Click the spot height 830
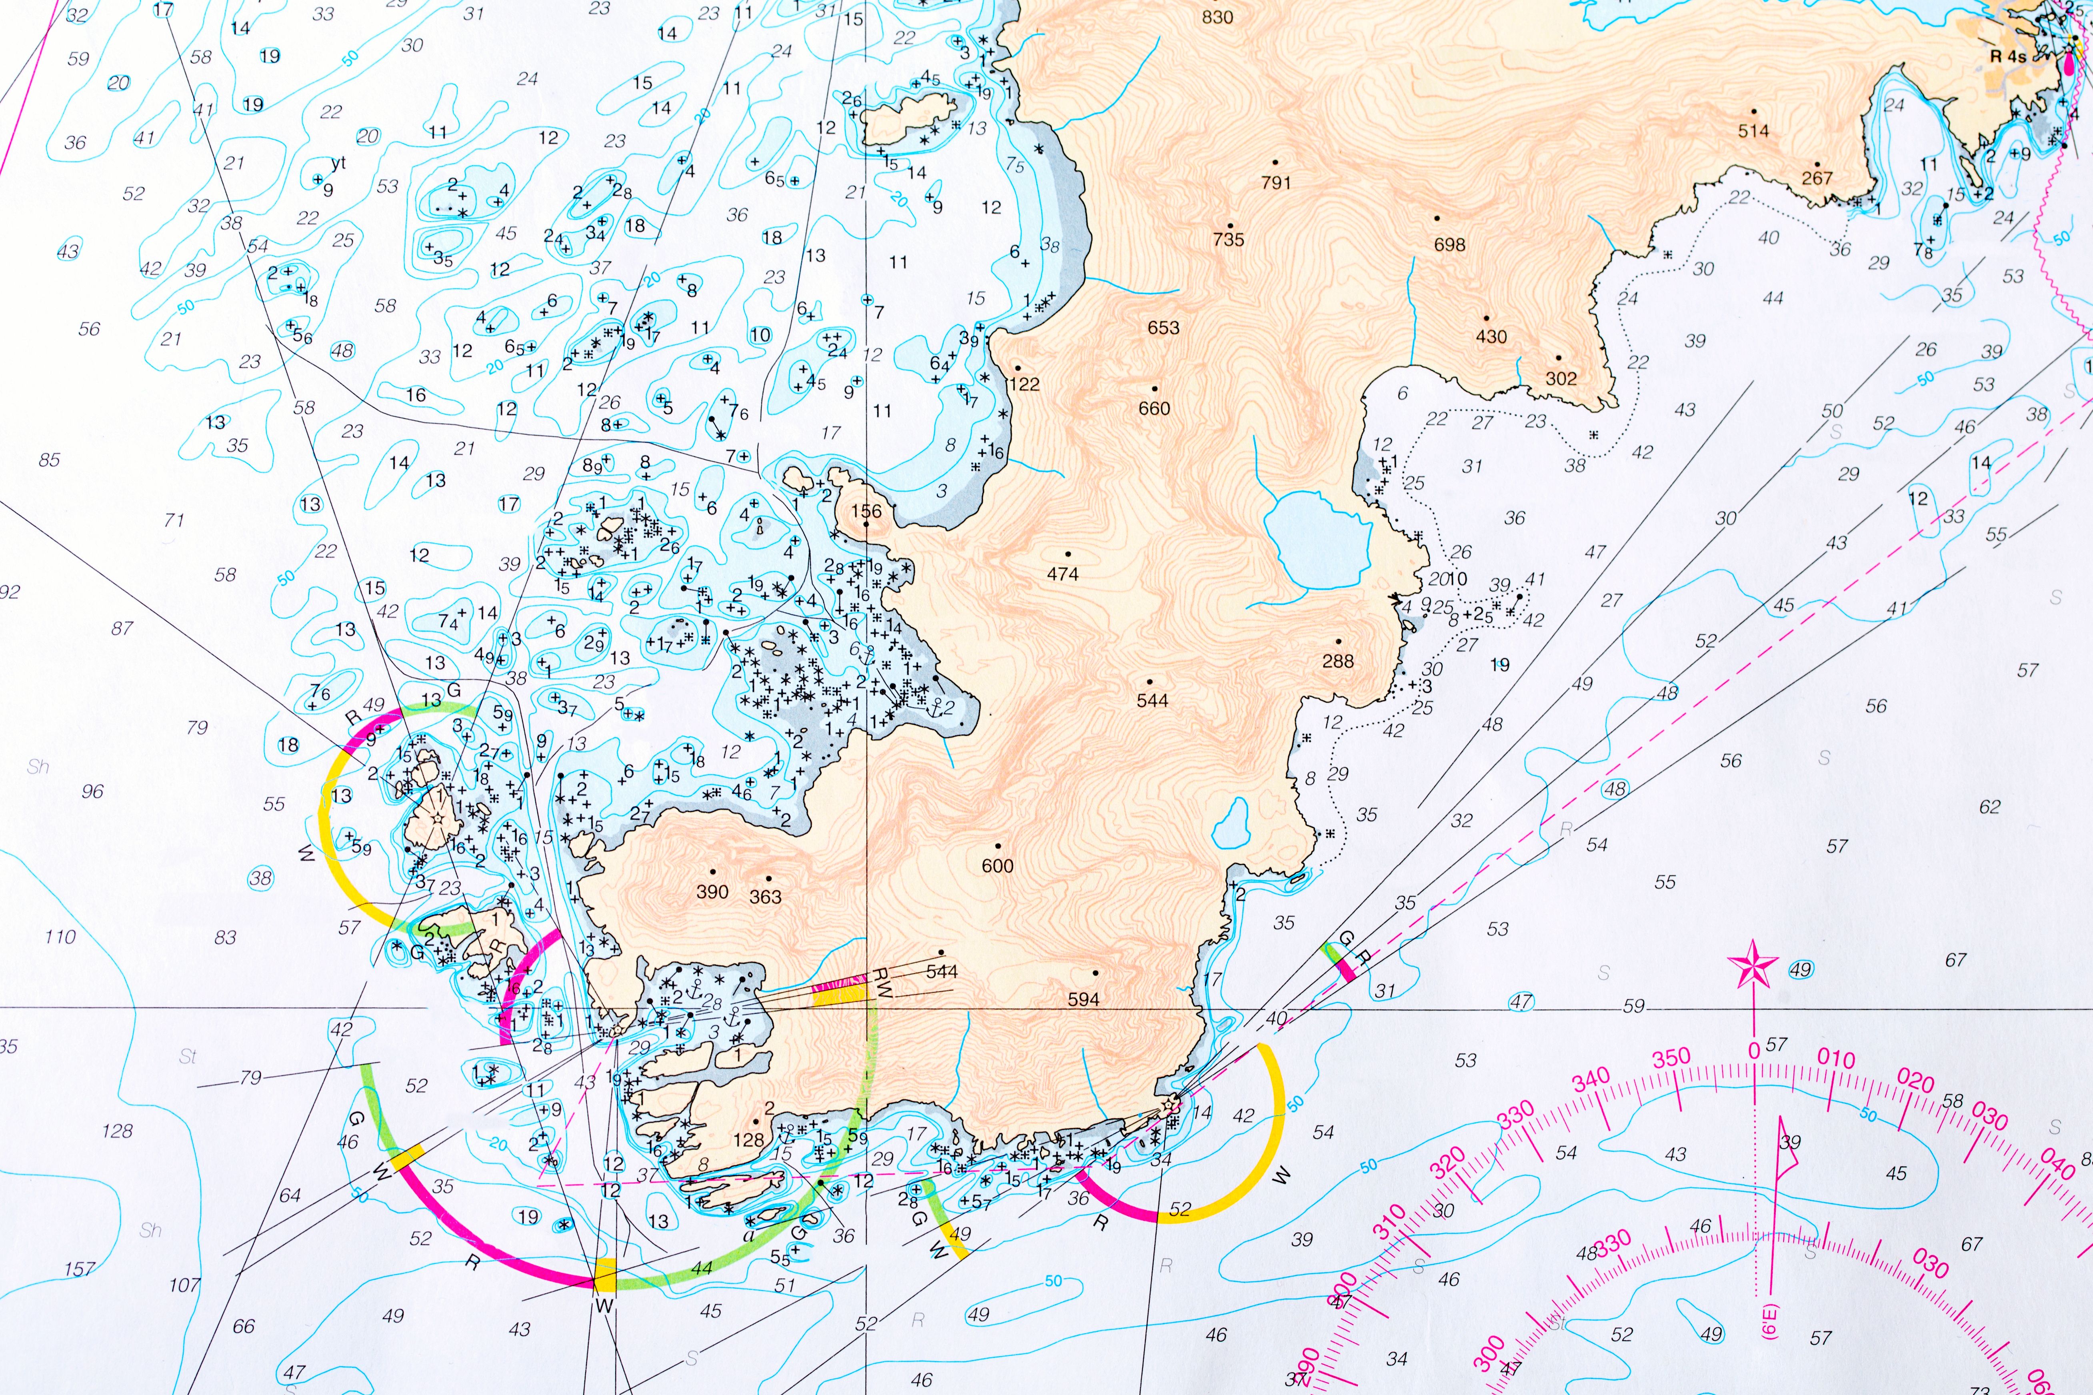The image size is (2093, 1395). click(x=1217, y=17)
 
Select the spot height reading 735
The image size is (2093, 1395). click(x=1228, y=239)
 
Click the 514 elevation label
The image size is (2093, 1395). click(x=1753, y=131)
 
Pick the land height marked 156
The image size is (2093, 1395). click(x=866, y=512)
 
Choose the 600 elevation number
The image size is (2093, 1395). click(x=998, y=865)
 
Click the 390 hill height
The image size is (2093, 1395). click(x=712, y=892)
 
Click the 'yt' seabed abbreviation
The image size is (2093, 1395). click(x=338, y=163)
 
